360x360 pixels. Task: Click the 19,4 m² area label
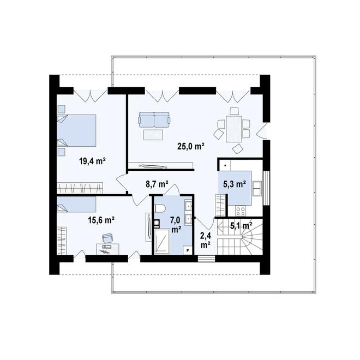pos(92,161)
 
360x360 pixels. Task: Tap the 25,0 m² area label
pos(191,146)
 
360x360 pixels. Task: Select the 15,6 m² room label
pos(101,220)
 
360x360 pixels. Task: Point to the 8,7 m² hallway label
pos(157,184)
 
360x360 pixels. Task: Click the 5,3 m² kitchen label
pos(235,184)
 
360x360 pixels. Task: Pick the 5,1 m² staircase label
pos(241,226)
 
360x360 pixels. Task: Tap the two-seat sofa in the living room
pos(154,119)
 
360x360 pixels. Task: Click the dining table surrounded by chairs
pos(233,129)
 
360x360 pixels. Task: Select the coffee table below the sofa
pos(153,135)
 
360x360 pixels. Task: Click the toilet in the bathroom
pos(160,208)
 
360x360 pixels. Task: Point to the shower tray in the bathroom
pos(162,241)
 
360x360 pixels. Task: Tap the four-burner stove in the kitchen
pos(241,211)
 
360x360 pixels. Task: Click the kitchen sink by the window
pos(257,189)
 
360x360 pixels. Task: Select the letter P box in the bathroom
pos(188,250)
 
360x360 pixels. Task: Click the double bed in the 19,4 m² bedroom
pos(76,130)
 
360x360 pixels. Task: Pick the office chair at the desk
pos(107,238)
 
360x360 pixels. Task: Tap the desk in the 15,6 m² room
pos(107,249)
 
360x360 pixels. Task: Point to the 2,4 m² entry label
pos(206,240)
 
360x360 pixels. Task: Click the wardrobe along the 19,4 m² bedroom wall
pos(80,188)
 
